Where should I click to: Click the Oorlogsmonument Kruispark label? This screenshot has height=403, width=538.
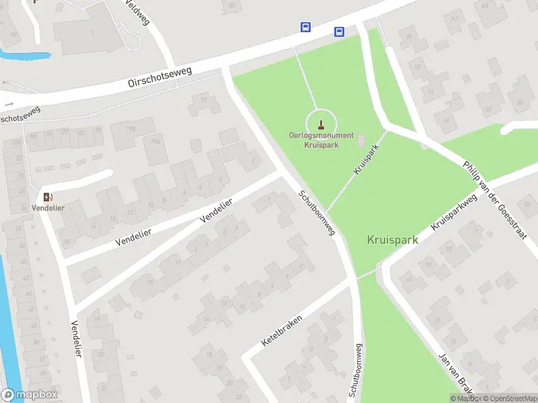tap(321, 140)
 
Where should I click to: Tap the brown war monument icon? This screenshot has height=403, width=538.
tap(321, 124)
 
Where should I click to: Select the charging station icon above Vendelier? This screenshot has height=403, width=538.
tap(47, 197)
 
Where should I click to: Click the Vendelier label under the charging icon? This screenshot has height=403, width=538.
tap(47, 208)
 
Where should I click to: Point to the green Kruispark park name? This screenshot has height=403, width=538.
tap(393, 239)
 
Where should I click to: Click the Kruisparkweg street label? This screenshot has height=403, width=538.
tap(454, 212)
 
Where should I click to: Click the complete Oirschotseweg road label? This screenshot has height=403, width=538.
tap(160, 77)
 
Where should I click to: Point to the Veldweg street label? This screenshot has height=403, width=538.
tap(137, 12)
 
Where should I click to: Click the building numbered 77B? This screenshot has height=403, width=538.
tap(130, 129)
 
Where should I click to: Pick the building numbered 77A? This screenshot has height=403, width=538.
tap(156, 142)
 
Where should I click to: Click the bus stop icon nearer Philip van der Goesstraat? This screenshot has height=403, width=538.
tap(340, 32)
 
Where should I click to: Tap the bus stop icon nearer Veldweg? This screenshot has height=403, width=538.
tap(305, 27)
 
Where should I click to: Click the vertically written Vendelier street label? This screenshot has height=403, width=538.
tap(75, 339)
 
